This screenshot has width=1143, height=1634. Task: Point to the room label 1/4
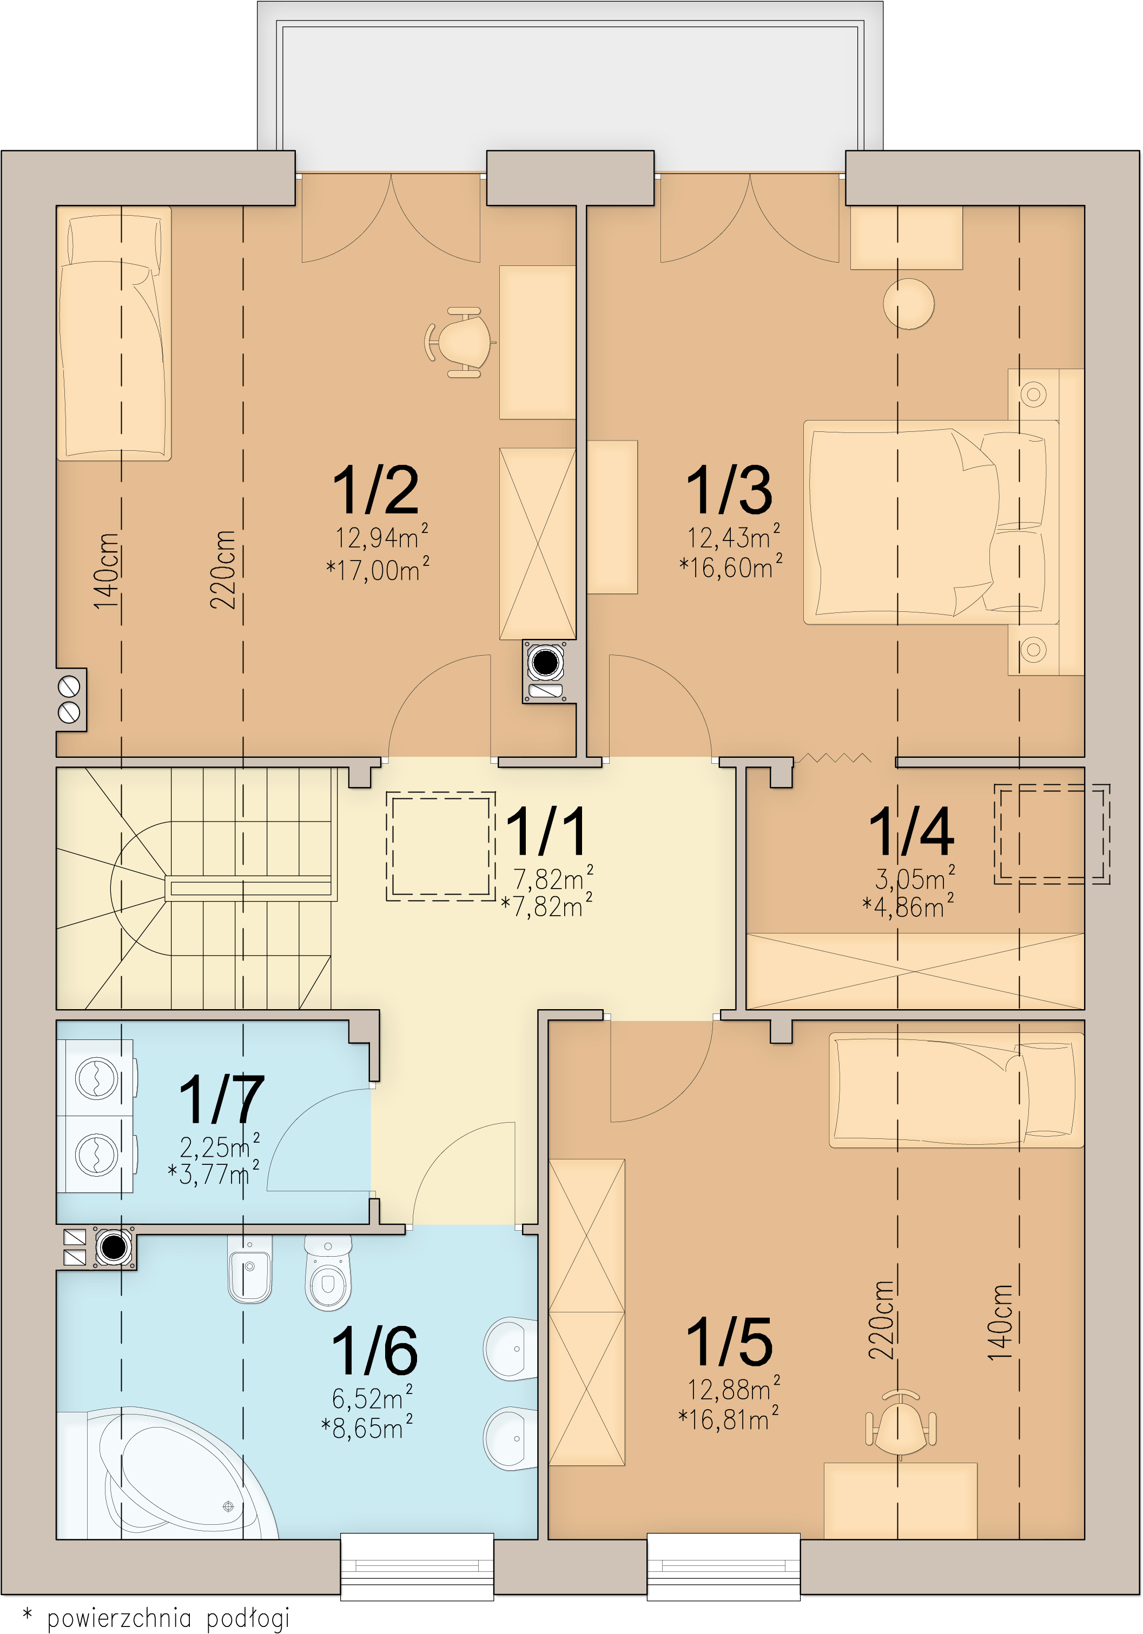click(x=911, y=831)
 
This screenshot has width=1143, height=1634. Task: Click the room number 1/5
click(x=729, y=1342)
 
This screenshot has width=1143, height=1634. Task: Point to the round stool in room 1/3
click(x=909, y=303)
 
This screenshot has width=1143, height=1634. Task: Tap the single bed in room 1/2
click(x=114, y=333)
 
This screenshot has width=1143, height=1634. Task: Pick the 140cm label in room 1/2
click(x=106, y=571)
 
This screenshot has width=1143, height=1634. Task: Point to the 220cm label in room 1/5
click(x=881, y=1320)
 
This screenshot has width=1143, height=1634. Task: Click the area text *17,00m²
click(x=378, y=569)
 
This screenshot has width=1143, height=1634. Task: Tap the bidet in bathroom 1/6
click(x=250, y=1268)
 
